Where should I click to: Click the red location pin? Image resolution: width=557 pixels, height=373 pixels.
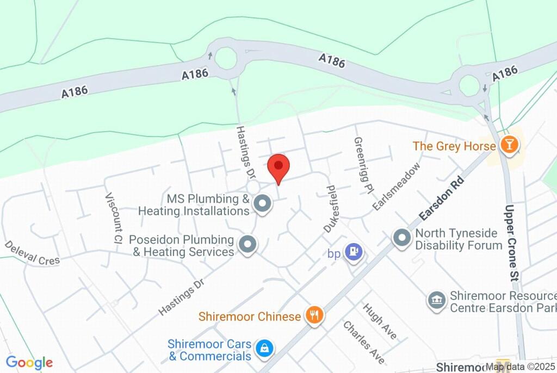278,166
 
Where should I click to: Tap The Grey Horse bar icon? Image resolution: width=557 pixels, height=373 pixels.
510,145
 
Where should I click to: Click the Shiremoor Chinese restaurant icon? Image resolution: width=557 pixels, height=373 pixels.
314,314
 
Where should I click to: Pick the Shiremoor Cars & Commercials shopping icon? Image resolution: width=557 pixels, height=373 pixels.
265,347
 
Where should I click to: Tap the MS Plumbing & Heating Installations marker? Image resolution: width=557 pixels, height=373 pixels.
263,204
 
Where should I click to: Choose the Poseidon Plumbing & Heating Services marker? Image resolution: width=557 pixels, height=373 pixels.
249,245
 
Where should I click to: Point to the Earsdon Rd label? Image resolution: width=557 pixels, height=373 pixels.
441,198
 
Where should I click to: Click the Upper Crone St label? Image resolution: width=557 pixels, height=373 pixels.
511,243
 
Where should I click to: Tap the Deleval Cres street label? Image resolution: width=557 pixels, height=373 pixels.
32,253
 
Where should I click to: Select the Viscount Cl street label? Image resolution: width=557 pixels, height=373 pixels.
113,217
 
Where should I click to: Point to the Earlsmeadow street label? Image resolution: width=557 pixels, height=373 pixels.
397,186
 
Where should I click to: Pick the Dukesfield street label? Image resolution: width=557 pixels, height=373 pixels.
330,209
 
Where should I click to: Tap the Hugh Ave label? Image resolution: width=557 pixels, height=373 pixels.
380,321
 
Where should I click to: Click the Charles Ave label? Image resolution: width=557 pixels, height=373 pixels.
363,341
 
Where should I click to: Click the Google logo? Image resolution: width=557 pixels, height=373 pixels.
29,363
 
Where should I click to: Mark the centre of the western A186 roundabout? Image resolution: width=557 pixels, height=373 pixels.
226,58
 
